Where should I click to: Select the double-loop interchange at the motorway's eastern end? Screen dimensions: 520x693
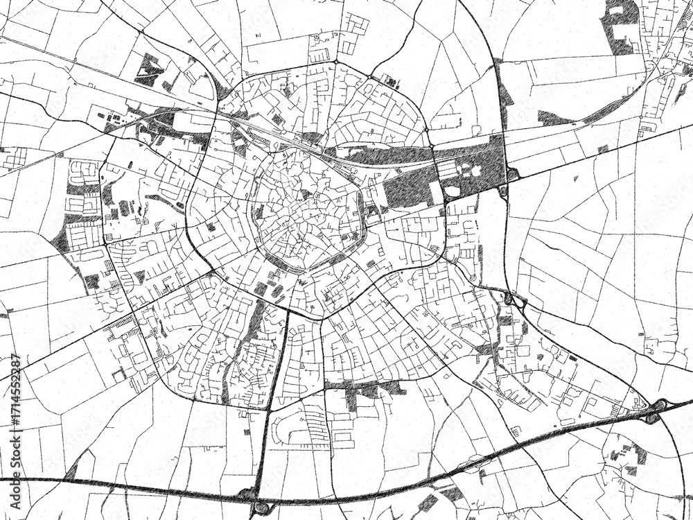[655, 410]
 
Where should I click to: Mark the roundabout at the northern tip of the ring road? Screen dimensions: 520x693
[335, 62]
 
